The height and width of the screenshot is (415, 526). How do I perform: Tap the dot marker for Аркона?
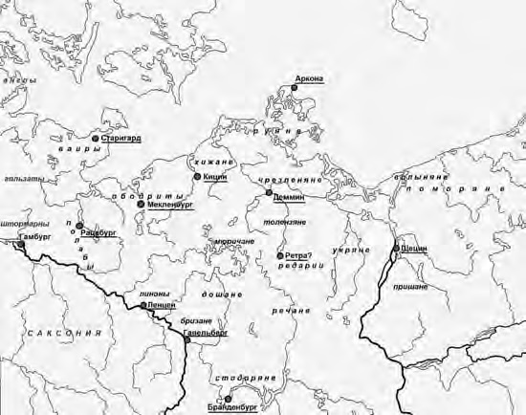[296, 87]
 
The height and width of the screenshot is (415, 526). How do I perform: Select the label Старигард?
[121, 139]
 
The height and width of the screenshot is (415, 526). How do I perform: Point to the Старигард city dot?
[96, 139]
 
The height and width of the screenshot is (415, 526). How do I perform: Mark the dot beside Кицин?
[196, 177]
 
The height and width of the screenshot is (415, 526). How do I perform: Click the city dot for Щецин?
[396, 250]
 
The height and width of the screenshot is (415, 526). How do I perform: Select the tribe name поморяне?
[454, 190]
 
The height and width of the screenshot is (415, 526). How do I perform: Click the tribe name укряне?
[351, 250]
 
